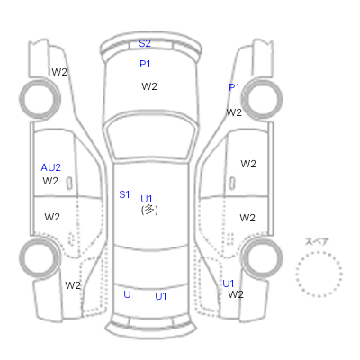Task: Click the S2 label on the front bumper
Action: (145, 43)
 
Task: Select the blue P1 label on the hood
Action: (145, 64)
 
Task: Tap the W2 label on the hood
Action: (149, 86)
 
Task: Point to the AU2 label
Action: (51, 167)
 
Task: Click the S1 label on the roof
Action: (124, 194)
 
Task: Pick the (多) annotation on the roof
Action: (149, 210)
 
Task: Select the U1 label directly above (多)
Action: (147, 199)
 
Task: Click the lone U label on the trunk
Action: (127, 294)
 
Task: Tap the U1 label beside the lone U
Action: (161, 296)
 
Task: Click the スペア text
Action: (317, 241)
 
